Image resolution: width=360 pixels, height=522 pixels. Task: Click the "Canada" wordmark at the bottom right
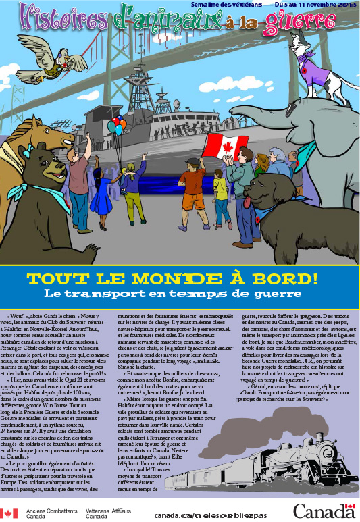[323, 511]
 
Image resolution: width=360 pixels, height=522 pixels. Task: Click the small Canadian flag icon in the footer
[9, 513]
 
